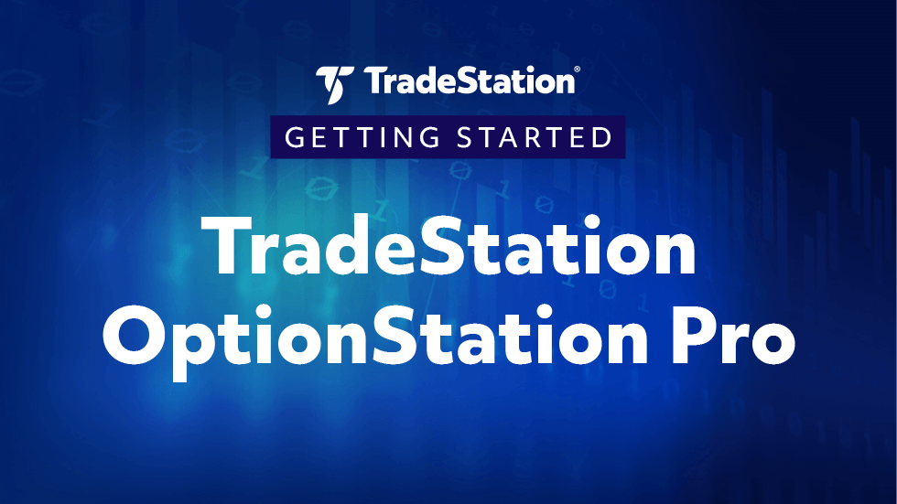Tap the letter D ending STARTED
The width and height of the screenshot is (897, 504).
(601, 138)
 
